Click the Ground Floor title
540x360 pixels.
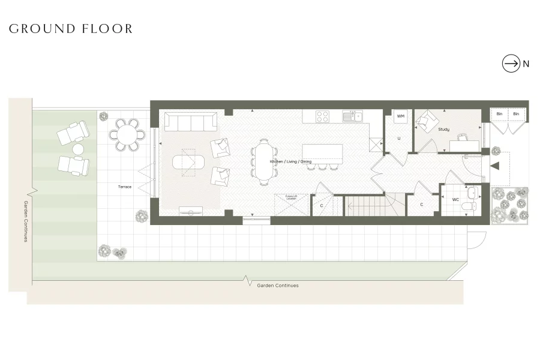[x=70, y=29]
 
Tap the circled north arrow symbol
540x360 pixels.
[x=511, y=64]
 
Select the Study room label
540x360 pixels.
[x=443, y=130]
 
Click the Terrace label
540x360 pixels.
[x=124, y=187]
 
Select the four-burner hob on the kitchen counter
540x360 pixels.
[x=322, y=116]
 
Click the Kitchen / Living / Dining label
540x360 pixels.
[x=290, y=162]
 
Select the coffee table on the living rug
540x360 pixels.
[x=188, y=162]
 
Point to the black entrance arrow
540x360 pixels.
[x=495, y=167]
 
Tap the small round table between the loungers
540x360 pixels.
[x=79, y=149]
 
